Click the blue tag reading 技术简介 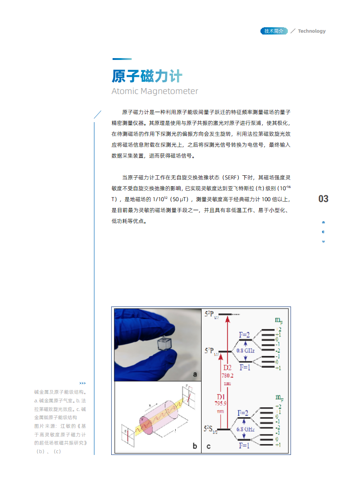pos(274,31)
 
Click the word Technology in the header pos(311,31)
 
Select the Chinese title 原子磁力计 pos(147,75)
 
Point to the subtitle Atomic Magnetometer pos(155,91)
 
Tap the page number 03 pos(323,199)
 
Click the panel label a pos(195,374)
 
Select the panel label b pos(195,446)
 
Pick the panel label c pos(208,446)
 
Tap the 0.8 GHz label pos(245,351)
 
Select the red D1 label pos(221,396)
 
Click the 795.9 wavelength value pos(221,403)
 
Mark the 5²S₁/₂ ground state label pos(211,428)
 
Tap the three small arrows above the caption pos(83,383)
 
